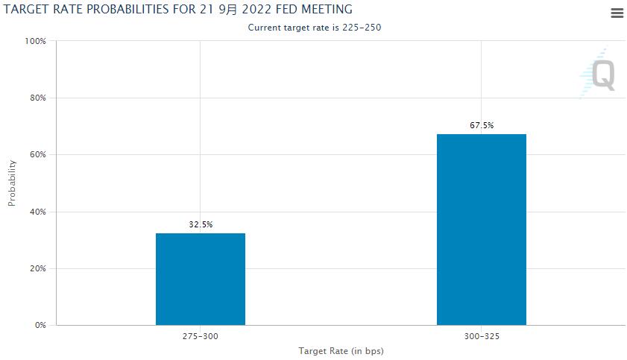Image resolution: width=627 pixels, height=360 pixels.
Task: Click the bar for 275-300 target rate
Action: point(200,279)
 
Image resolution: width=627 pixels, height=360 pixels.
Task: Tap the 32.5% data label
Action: point(200,224)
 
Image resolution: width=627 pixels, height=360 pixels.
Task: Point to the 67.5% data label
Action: point(481,125)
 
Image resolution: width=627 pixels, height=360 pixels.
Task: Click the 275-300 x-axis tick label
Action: point(200,337)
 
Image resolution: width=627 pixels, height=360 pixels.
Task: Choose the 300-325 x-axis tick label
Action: point(481,337)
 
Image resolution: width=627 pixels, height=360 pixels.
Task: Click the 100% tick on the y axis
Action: point(36,41)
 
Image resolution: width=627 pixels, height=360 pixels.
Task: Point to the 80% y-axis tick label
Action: point(37,98)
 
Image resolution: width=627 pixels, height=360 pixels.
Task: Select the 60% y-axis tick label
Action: point(37,155)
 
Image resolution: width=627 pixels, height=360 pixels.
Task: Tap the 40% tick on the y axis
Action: point(37,212)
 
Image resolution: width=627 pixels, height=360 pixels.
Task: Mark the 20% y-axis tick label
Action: point(37,268)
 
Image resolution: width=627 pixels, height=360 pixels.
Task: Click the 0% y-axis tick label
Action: point(40,326)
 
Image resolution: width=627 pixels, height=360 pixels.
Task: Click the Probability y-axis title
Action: point(12,183)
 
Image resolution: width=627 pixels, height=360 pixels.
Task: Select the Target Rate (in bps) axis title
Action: point(341,350)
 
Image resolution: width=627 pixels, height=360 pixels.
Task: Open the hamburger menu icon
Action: point(617,13)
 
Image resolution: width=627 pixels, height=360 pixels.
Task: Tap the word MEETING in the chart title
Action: point(323,9)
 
